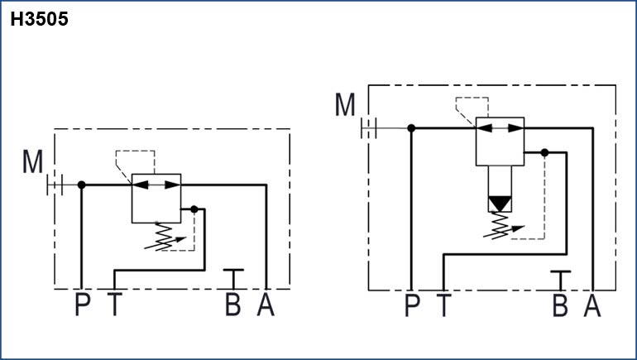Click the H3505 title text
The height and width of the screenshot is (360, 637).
(39, 19)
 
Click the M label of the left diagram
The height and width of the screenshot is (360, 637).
(33, 162)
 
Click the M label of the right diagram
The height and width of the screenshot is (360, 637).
(346, 105)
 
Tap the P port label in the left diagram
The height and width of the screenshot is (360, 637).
(82, 305)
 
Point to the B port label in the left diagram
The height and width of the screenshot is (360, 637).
(233, 305)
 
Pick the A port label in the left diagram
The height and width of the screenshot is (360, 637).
(266, 305)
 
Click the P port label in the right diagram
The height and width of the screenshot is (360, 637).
(412, 307)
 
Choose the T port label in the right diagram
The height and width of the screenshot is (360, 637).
(444, 307)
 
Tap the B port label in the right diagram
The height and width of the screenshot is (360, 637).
(561, 307)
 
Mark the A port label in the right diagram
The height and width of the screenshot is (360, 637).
(592, 307)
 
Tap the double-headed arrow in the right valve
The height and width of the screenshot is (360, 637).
(500, 127)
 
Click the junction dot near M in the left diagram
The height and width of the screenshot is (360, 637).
(81, 185)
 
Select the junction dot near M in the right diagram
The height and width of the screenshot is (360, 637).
(411, 127)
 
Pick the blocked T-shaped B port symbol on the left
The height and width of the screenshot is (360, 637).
(234, 278)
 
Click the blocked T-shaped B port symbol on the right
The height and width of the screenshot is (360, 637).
(562, 279)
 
